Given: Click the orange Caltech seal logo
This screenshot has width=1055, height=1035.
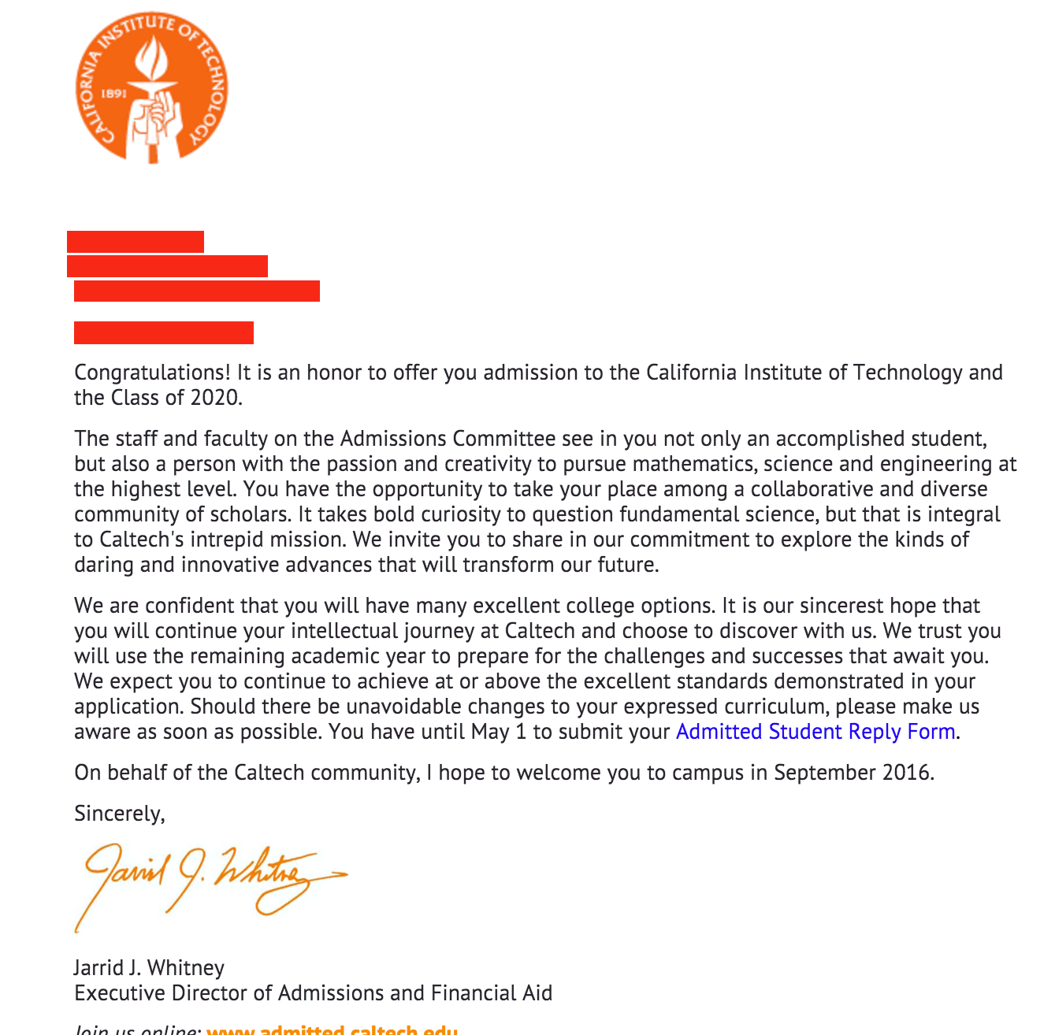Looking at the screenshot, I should (153, 87).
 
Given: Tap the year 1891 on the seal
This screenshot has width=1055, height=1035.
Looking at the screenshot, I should (113, 93).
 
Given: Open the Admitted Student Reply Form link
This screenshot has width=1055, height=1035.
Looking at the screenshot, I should (815, 732).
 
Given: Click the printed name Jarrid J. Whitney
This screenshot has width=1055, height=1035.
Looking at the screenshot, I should (149, 967).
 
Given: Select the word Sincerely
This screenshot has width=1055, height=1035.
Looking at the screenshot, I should (119, 813).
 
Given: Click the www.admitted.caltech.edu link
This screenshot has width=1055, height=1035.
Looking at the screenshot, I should (332, 1029).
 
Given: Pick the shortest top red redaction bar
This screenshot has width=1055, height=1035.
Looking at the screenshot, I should (136, 241).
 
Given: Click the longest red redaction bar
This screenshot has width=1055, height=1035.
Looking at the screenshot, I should (197, 291).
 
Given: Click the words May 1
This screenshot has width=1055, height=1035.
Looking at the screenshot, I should (499, 732).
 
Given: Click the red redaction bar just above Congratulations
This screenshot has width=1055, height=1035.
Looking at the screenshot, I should (164, 332).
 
